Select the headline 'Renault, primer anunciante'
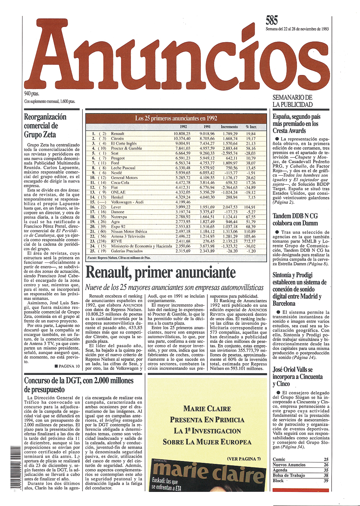(x=161, y=273)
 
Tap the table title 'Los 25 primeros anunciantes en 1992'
(x=176, y=118)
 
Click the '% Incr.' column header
(x=251, y=127)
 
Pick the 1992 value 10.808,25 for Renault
(x=182, y=134)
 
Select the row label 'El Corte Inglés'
(x=124, y=143)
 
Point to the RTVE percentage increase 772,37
(x=249, y=241)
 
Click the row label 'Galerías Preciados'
(x=127, y=251)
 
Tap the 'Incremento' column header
(x=229, y=127)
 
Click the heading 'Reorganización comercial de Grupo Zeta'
(x=45, y=126)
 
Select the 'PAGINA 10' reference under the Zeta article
(x=67, y=366)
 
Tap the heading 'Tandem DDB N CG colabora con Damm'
(x=296, y=219)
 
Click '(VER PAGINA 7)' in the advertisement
(x=244, y=458)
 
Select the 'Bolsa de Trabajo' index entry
(x=289, y=475)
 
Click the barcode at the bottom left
(x=16, y=467)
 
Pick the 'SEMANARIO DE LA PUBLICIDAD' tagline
(x=293, y=101)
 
